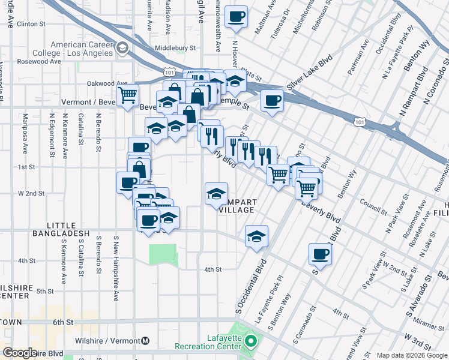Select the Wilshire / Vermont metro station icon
pyautogui.click(x=145, y=341)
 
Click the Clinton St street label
pyautogui.click(x=32, y=24)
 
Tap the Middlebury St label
pyautogui.click(x=175, y=47)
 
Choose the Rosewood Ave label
pyautogui.click(x=40, y=61)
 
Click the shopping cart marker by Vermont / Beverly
pyautogui.click(x=128, y=95)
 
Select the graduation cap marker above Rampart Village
pyautogui.click(x=217, y=194)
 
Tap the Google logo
pyautogui.click(x=20, y=353)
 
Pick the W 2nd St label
pyautogui.click(x=31, y=193)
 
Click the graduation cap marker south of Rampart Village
pyautogui.click(x=256, y=236)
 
